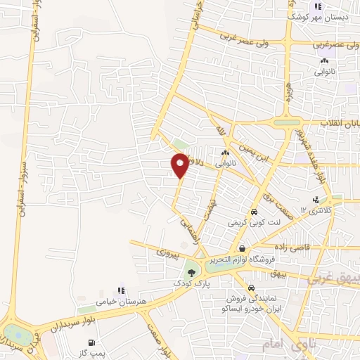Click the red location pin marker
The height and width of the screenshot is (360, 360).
pos(180,165)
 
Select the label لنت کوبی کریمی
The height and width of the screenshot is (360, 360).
pos(253,221)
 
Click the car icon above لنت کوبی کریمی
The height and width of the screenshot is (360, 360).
pos(254,212)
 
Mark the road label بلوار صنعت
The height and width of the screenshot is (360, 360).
pos(160,336)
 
